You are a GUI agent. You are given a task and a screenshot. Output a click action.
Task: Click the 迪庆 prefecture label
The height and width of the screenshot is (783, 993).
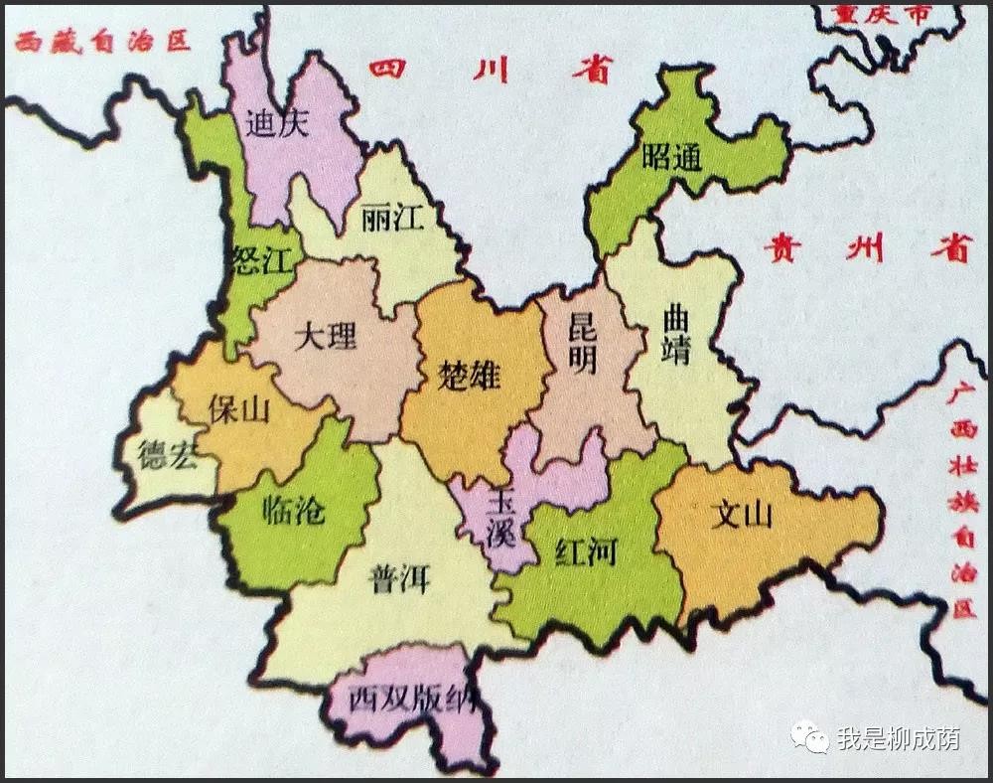click(x=278, y=123)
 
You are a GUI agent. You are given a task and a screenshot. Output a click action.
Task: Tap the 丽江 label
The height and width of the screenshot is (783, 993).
click(x=393, y=219)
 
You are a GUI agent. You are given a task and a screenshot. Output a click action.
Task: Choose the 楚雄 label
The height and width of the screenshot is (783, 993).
click(x=469, y=376)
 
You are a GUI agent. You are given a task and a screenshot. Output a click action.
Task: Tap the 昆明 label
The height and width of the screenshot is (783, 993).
click(x=582, y=344)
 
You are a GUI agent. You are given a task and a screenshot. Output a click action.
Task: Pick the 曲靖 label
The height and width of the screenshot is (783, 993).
click(x=675, y=336)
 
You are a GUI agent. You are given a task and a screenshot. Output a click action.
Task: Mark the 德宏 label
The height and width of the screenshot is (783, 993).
click(x=168, y=457)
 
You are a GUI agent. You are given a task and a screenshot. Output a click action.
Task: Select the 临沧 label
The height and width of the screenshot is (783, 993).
click(x=294, y=510)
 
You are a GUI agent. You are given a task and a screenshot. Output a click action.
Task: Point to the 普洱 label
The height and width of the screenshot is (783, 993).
click(x=399, y=578)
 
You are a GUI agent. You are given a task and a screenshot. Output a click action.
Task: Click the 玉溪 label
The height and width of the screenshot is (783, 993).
click(x=500, y=517)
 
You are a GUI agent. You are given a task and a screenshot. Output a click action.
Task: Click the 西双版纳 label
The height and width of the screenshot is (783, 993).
click(x=407, y=699)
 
